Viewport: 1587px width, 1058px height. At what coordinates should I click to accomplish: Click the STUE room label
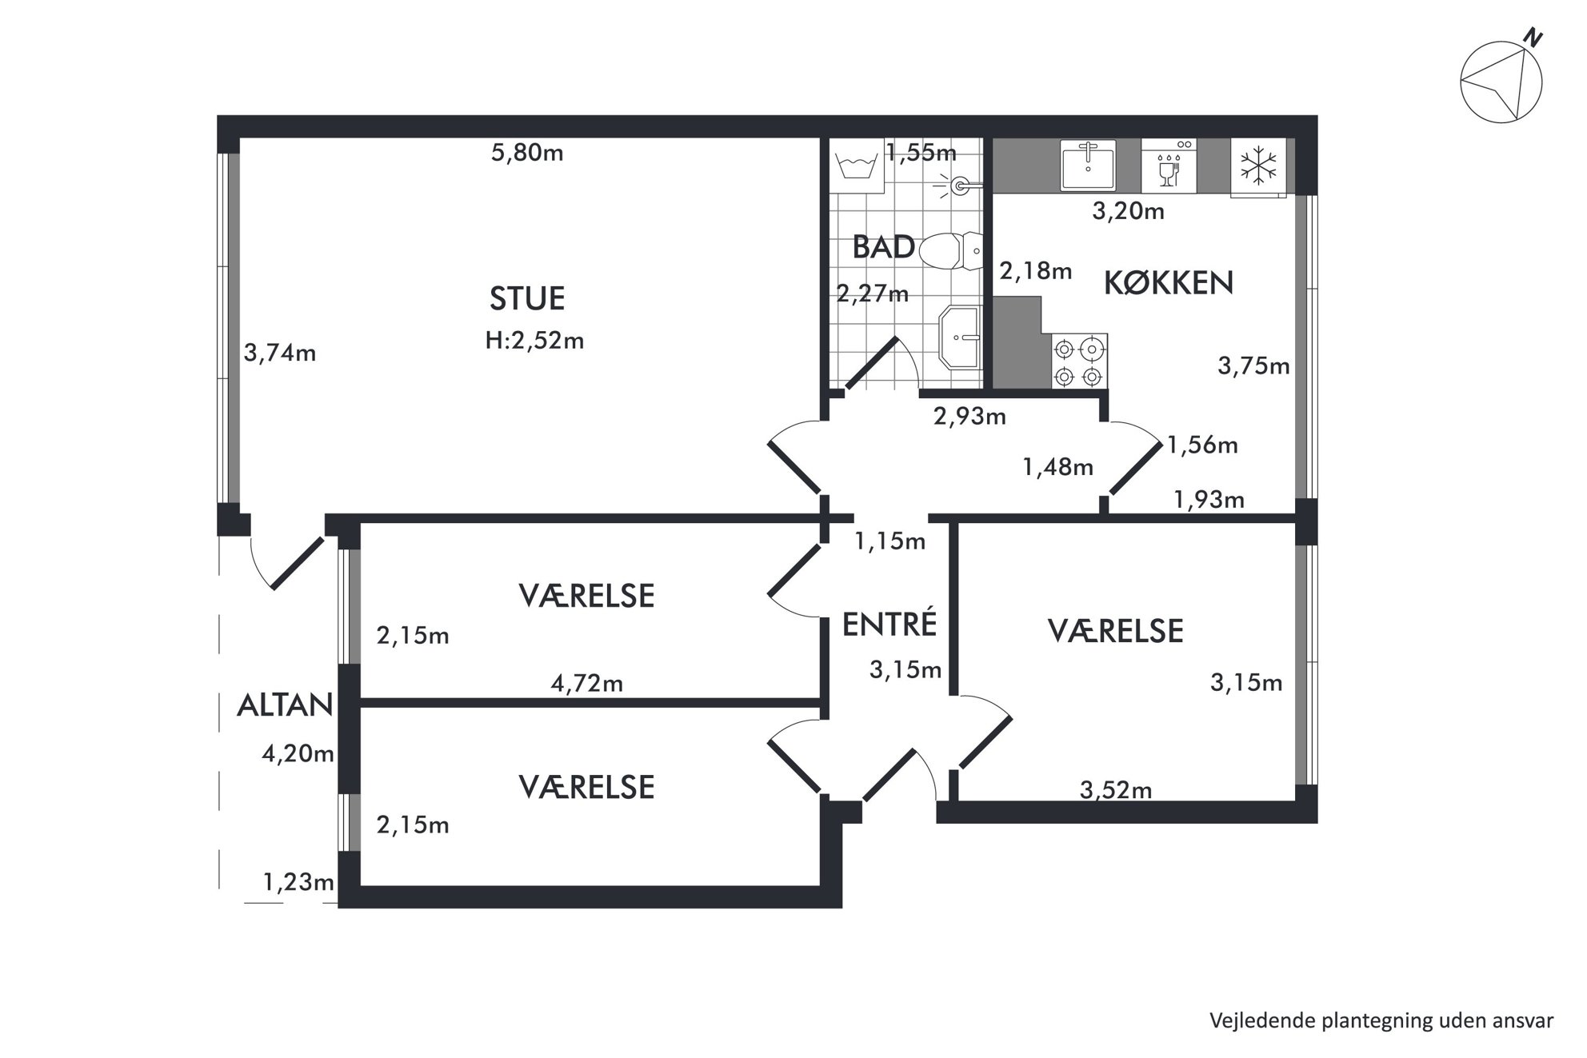(x=527, y=298)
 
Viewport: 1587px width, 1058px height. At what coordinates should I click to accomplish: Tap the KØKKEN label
(x=1169, y=283)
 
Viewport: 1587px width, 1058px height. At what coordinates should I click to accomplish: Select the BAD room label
(x=883, y=247)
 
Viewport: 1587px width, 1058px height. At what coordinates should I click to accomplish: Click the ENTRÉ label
(x=889, y=624)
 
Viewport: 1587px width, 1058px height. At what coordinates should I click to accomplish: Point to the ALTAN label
(x=285, y=705)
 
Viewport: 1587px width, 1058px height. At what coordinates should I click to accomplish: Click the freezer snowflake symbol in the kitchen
(x=1258, y=166)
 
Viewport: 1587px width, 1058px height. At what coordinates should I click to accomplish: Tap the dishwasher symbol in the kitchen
(x=1169, y=166)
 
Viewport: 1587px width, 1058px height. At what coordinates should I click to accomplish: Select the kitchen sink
(x=1088, y=166)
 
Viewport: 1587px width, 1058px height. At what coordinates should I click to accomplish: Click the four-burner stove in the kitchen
(x=1079, y=361)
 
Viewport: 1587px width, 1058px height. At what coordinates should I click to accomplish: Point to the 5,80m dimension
(x=527, y=152)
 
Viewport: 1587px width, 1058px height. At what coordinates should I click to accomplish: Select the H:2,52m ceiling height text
(x=534, y=341)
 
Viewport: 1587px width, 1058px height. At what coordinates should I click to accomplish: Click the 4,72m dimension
(x=587, y=683)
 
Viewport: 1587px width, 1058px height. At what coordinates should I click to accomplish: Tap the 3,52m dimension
(x=1116, y=790)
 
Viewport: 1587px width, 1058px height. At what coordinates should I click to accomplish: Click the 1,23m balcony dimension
(x=298, y=882)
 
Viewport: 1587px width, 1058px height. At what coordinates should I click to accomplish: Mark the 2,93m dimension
(x=969, y=416)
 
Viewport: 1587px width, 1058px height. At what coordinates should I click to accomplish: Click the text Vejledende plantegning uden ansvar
(x=1381, y=1021)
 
